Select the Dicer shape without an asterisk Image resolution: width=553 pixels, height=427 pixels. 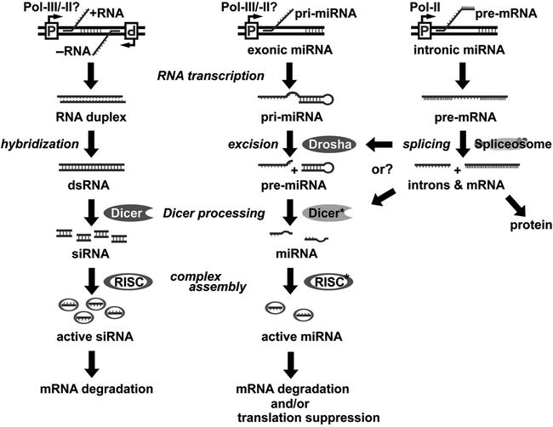coord(127,212)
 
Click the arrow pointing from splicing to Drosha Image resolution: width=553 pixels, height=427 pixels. coord(387,145)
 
